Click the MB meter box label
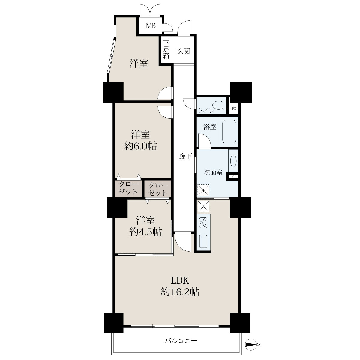click(151, 26)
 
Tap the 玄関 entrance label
click(184, 51)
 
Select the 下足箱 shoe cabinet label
click(166, 49)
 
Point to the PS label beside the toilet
click(234, 109)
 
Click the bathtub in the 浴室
click(229, 131)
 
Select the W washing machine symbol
click(203, 190)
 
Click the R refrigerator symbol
click(203, 206)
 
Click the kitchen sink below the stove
click(203, 241)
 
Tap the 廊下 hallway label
click(185, 156)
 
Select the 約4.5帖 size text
click(145, 232)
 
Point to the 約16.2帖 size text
click(180, 292)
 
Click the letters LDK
click(180, 280)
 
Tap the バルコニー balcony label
click(181, 340)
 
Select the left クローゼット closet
click(128, 188)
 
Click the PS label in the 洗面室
click(233, 176)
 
